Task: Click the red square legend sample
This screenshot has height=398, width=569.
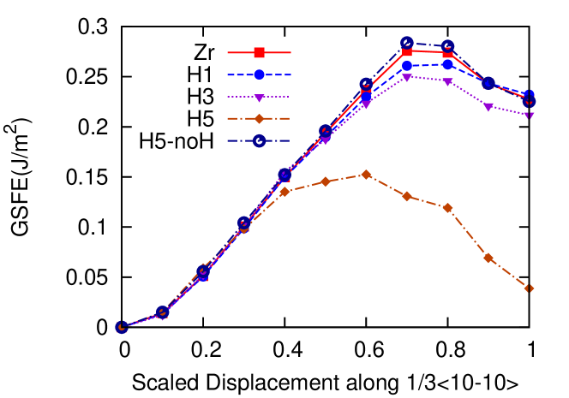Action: [x=259, y=52]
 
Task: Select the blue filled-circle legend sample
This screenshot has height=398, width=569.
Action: [x=259, y=74]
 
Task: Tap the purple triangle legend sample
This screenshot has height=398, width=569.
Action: [x=259, y=97]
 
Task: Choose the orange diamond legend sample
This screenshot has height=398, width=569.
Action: [x=259, y=119]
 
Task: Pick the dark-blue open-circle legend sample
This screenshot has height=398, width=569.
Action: [x=259, y=141]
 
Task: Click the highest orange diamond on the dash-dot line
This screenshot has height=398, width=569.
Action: [x=366, y=175]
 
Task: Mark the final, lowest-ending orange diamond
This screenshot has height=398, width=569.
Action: [x=529, y=288]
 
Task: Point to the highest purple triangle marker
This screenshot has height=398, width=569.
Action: [x=407, y=77]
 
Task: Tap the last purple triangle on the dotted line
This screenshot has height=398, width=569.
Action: [x=529, y=115]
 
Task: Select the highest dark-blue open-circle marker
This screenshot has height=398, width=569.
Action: [x=407, y=43]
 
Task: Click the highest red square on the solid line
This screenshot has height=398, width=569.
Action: [x=407, y=51]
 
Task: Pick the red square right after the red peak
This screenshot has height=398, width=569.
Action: [x=447, y=53]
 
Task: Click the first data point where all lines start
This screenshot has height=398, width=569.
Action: [x=122, y=327]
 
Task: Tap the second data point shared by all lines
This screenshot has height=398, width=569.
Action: [x=162, y=313]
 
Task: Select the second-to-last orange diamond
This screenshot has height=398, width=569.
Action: [x=488, y=258]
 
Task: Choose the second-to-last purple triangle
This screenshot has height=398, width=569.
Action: [x=488, y=107]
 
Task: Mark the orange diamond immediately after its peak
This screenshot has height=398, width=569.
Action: [x=407, y=196]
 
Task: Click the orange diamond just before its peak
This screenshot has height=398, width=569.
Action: [x=325, y=181]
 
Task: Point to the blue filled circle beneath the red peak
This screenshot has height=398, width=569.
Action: [x=407, y=66]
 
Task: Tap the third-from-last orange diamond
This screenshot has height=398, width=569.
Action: [x=447, y=208]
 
